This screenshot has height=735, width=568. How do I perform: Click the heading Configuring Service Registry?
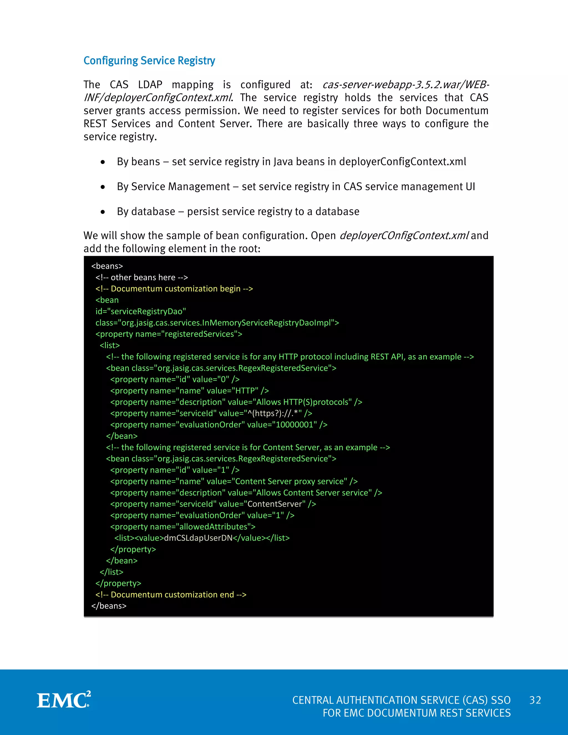click(x=149, y=60)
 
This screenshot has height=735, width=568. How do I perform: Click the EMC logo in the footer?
click(x=64, y=700)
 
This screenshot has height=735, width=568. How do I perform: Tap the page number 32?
click(x=535, y=700)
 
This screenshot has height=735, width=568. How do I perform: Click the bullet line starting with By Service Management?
click(x=296, y=187)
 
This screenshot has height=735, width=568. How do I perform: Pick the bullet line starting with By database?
click(x=238, y=212)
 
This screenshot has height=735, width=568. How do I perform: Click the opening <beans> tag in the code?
click(x=107, y=266)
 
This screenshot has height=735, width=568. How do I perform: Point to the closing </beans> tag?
click(x=109, y=606)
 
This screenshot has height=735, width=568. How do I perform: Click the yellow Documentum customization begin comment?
click(x=174, y=289)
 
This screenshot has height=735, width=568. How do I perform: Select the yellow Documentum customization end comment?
click(x=171, y=595)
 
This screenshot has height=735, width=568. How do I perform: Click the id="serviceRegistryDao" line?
click(x=141, y=311)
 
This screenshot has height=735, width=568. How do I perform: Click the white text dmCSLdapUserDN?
click(x=198, y=538)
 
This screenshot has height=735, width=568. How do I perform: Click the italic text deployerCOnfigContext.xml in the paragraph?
click(x=404, y=235)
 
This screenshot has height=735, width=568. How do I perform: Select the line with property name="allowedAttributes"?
click(x=183, y=527)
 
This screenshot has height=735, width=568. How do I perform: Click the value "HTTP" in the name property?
click(x=245, y=391)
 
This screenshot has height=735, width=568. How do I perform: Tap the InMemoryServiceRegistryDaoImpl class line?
click(x=217, y=323)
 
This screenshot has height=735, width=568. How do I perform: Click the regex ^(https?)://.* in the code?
click(x=274, y=413)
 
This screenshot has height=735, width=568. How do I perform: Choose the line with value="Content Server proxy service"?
click(x=234, y=481)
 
